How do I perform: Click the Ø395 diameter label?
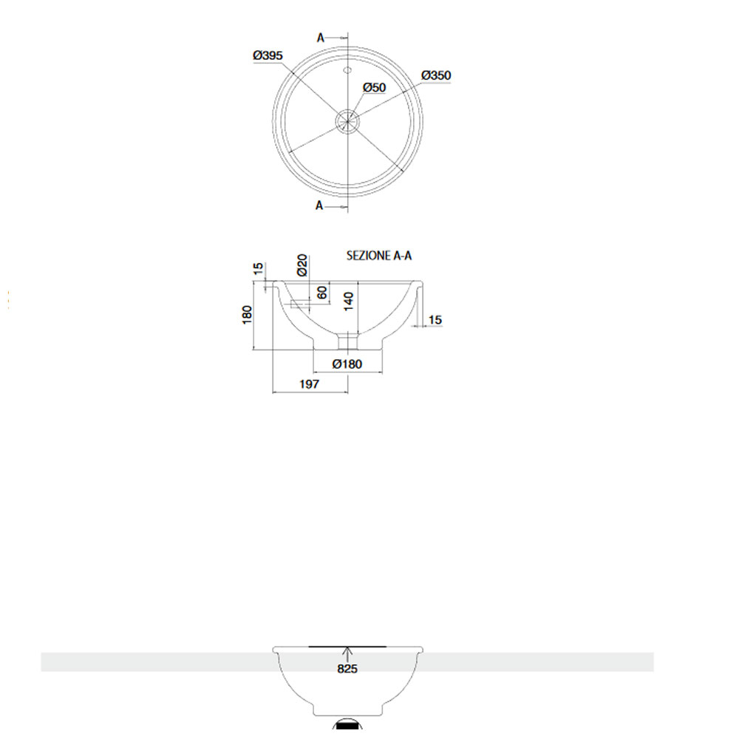point(268,55)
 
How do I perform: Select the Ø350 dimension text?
point(436,75)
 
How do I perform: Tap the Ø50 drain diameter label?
point(374,88)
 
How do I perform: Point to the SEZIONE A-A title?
point(379,256)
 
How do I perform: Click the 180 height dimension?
point(247,314)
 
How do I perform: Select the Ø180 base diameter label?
point(347,364)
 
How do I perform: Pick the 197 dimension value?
point(309,384)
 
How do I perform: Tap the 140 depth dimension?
point(349,302)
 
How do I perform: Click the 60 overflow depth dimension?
point(322,292)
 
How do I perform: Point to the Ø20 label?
point(302,265)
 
